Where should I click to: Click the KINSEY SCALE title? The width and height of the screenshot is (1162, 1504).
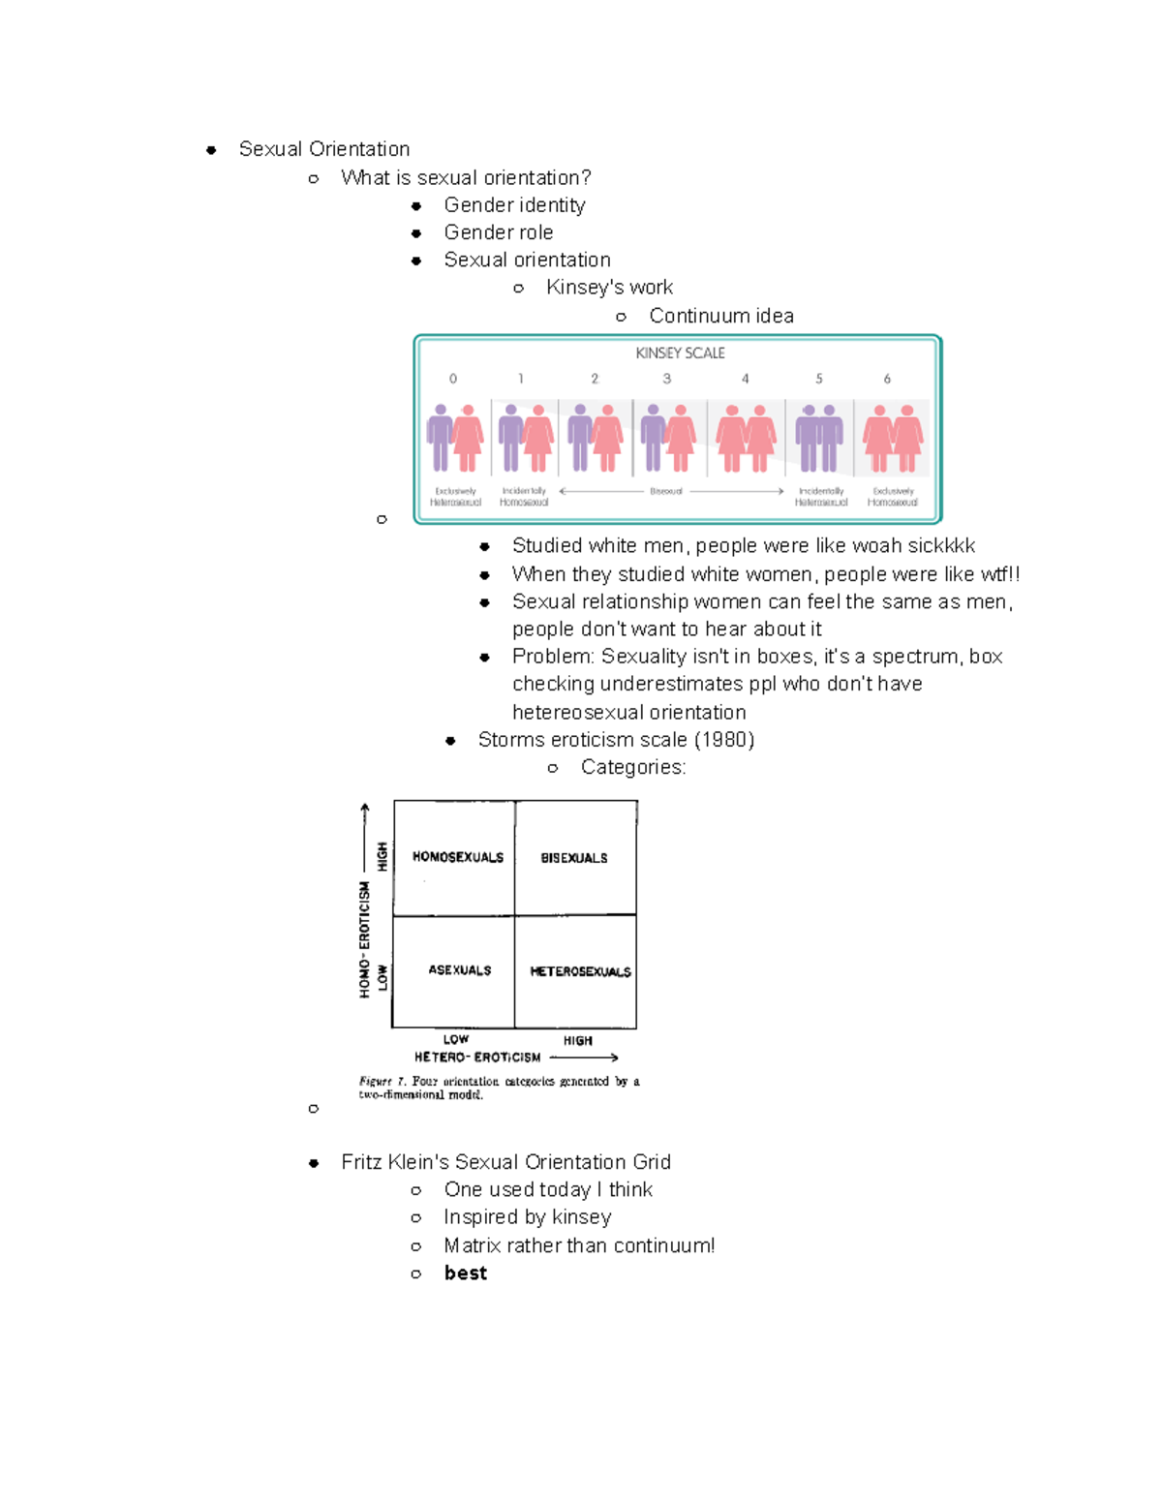tap(680, 353)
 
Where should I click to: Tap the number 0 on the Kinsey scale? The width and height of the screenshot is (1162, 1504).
tap(453, 379)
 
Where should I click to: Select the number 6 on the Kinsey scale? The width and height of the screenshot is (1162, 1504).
tap(887, 379)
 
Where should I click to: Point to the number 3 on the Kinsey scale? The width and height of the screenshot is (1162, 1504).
tap(667, 379)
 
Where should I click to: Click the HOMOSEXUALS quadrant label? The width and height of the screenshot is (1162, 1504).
tap(458, 857)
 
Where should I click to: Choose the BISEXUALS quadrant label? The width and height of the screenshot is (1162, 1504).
tap(574, 858)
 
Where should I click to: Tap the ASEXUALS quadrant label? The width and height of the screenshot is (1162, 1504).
tap(460, 970)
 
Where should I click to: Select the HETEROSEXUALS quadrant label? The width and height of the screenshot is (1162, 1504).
tap(580, 971)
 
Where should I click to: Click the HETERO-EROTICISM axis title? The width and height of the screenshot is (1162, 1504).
tap(477, 1058)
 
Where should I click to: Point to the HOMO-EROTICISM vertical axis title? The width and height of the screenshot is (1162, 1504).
tap(365, 939)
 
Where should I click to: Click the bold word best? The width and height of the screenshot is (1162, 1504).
tap(466, 1274)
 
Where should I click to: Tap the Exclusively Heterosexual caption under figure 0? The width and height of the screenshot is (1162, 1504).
tap(456, 497)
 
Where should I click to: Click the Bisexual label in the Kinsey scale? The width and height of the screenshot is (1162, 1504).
tap(666, 491)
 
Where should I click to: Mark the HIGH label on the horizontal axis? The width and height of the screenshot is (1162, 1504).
tap(578, 1041)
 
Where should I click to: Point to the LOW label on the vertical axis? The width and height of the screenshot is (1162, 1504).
tap(382, 976)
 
